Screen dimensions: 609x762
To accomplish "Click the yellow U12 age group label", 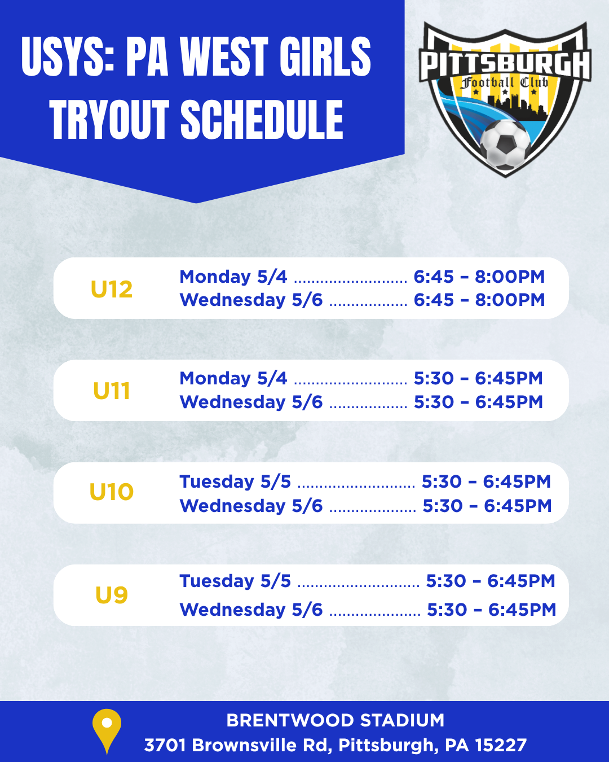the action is [x=112, y=290].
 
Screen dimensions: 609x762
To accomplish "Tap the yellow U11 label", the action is [x=112, y=391].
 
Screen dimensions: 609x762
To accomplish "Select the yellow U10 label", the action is [x=112, y=492].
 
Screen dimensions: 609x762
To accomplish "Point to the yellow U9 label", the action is [x=112, y=594].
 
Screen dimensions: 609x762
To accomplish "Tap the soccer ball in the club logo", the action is [x=505, y=144].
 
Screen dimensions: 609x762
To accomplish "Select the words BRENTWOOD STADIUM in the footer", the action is [x=335, y=720].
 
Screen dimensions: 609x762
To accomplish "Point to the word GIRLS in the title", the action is [x=325, y=56].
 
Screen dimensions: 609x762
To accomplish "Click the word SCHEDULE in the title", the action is [x=262, y=119].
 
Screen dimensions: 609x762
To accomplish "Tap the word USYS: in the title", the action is [x=68, y=56].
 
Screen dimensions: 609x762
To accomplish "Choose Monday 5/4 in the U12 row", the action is [x=233, y=277].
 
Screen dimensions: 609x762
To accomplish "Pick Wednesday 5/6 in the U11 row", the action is [x=251, y=402].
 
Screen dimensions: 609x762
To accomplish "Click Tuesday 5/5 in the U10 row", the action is [x=235, y=481].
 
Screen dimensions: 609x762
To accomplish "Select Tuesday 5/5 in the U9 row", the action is [x=235, y=581].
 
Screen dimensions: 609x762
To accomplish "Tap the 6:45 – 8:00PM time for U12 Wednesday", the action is [x=479, y=300].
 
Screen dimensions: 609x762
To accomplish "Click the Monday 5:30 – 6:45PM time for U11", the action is [x=478, y=378].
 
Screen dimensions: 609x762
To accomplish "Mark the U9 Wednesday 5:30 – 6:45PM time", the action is [x=492, y=610].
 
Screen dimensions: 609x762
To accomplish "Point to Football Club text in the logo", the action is [x=504, y=84].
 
